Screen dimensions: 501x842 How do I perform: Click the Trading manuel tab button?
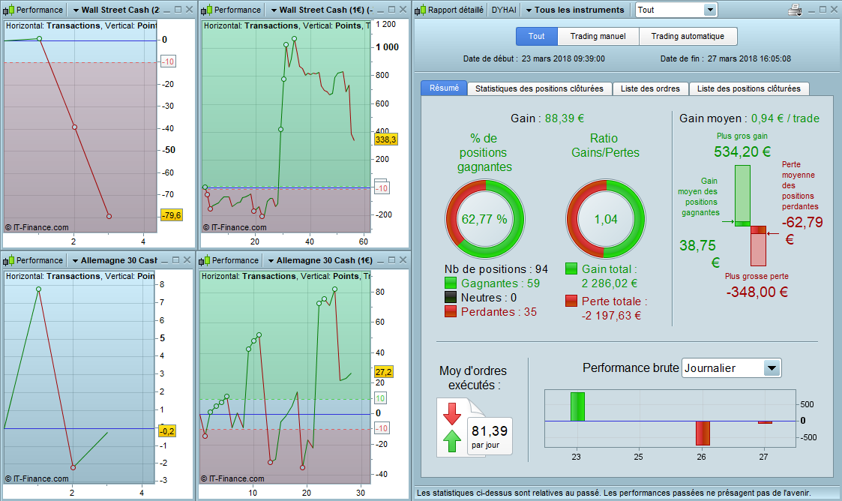tap(598, 36)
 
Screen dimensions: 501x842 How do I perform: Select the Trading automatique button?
tap(688, 36)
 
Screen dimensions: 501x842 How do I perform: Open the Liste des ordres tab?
tap(650, 88)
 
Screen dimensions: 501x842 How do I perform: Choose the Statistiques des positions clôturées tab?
tap(539, 88)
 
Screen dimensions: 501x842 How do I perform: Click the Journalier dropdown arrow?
tap(771, 368)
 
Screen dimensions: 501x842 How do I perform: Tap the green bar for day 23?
tap(577, 406)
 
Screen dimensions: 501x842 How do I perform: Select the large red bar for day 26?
tap(703, 433)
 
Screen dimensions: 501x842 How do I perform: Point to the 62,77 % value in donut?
tap(484, 219)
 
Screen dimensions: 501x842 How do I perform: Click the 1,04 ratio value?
tap(604, 219)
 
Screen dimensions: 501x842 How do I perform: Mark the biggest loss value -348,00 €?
tap(757, 292)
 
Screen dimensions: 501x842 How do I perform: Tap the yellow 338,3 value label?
tap(385, 139)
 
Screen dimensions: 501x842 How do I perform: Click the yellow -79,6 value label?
tap(171, 216)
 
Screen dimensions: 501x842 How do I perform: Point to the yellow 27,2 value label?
tap(383, 372)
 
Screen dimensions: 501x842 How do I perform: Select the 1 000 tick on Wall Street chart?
tap(388, 47)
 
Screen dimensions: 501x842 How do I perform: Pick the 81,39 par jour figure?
tap(488, 430)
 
